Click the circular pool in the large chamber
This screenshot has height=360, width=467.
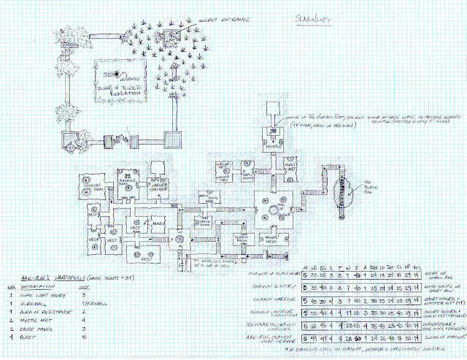tap(274, 210)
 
